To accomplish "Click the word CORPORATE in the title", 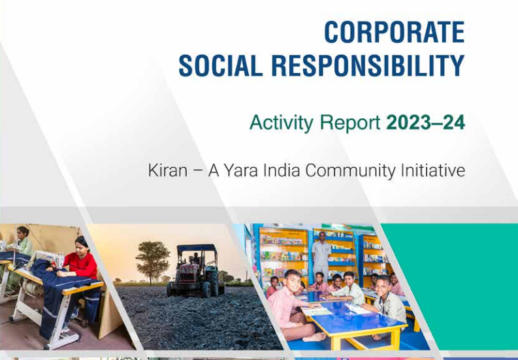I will (x=394, y=32).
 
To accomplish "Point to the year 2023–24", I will (x=425, y=122).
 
